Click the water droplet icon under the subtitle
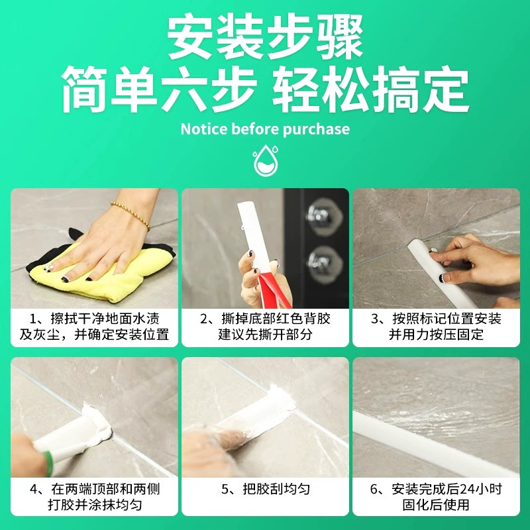[x=266, y=160]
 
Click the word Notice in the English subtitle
[x=204, y=129]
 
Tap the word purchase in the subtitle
[x=316, y=129]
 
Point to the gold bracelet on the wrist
[x=131, y=215]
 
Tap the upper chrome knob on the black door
[x=321, y=217]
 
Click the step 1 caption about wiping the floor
[x=94, y=327]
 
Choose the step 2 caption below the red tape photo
[x=266, y=327]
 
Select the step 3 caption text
[x=436, y=327]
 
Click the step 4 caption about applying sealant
[x=94, y=497]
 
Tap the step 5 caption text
[x=266, y=489]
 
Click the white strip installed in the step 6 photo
[x=436, y=443]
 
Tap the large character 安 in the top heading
[x=191, y=37]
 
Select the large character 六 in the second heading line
[x=185, y=89]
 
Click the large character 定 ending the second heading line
[x=445, y=89]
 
